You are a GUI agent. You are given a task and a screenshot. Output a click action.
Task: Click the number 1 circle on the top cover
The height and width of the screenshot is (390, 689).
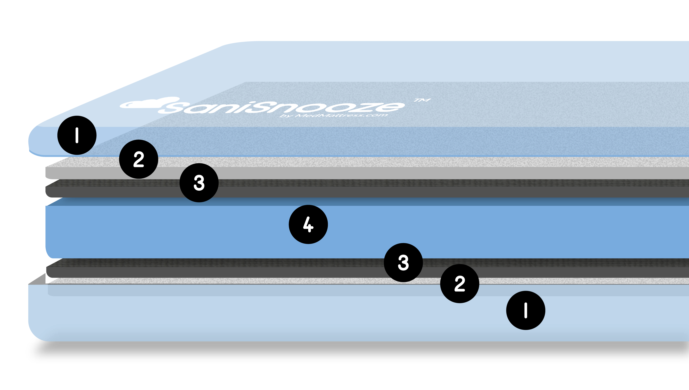(77, 135)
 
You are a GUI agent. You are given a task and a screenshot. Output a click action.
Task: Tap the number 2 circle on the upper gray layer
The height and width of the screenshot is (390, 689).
(139, 159)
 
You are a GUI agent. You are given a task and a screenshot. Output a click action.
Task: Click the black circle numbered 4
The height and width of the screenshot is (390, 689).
(308, 224)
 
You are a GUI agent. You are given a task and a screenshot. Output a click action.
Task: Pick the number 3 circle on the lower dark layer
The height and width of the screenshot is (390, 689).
(403, 262)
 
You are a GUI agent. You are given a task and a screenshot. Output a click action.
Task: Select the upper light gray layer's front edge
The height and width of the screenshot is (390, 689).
(348, 173)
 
